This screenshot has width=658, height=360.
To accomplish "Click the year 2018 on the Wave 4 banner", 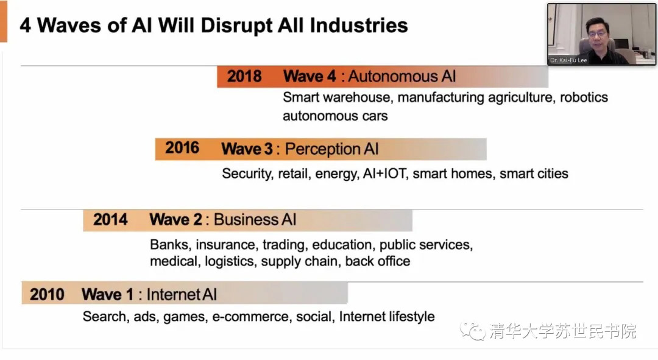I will pyautogui.click(x=244, y=77).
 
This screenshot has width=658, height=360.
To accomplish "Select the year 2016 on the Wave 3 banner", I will pyautogui.click(x=182, y=148).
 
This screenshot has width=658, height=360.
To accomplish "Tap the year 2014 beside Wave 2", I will pyautogui.click(x=110, y=219).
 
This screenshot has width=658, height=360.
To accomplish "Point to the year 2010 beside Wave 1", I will pyautogui.click(x=47, y=295).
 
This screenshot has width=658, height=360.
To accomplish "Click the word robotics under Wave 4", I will pyautogui.click(x=584, y=97).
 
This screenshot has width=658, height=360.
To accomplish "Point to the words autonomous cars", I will pyautogui.click(x=335, y=116).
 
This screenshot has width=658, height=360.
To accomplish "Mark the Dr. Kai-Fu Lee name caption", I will pyautogui.click(x=568, y=60).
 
